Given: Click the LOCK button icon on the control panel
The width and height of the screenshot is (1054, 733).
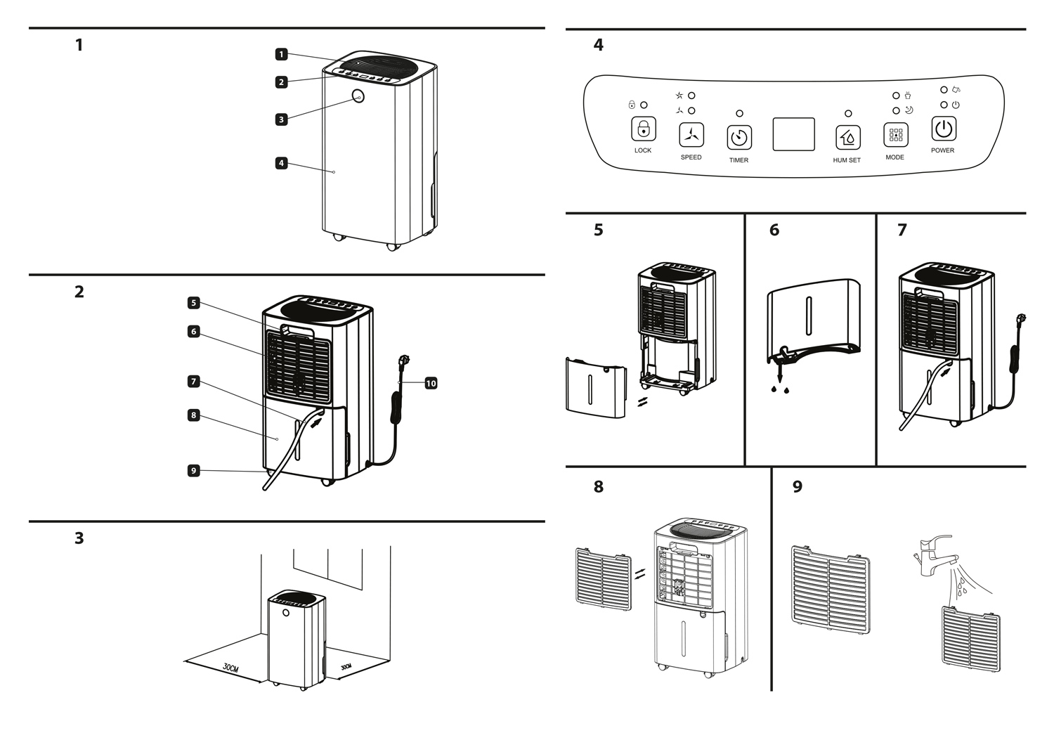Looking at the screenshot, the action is click(x=643, y=129).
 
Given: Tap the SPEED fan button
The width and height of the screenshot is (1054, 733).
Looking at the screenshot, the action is click(x=691, y=135).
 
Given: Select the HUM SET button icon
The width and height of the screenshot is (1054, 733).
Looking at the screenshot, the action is click(x=848, y=137).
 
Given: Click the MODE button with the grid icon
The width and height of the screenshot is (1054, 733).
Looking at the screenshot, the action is click(x=896, y=135).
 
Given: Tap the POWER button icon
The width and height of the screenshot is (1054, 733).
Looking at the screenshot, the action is click(x=944, y=129).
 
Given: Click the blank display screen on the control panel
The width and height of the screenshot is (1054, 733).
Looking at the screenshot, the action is click(x=794, y=134).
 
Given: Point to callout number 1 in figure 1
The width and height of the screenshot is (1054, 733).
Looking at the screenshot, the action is click(x=281, y=54).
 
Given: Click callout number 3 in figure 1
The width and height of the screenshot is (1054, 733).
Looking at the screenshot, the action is click(x=281, y=119).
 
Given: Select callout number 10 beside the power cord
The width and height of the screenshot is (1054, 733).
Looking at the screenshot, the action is click(x=431, y=384).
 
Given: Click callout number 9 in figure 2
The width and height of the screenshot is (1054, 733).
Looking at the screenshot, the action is click(x=193, y=470).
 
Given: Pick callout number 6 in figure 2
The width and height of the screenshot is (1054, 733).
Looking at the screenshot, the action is click(x=193, y=332).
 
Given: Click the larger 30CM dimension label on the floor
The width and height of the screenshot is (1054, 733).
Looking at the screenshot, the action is click(x=230, y=668).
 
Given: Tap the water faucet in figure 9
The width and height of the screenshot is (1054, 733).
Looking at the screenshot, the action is click(x=937, y=555).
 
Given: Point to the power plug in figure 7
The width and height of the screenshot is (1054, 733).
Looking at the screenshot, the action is click(x=1022, y=320).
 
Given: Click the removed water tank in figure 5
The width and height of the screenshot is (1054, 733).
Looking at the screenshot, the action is click(x=596, y=388).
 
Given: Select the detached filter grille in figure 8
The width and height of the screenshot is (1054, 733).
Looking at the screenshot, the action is click(x=603, y=579).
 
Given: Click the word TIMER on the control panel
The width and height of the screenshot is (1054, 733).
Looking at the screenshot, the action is click(x=739, y=160).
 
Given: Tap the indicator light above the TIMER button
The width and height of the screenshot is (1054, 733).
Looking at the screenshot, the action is click(x=739, y=113).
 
